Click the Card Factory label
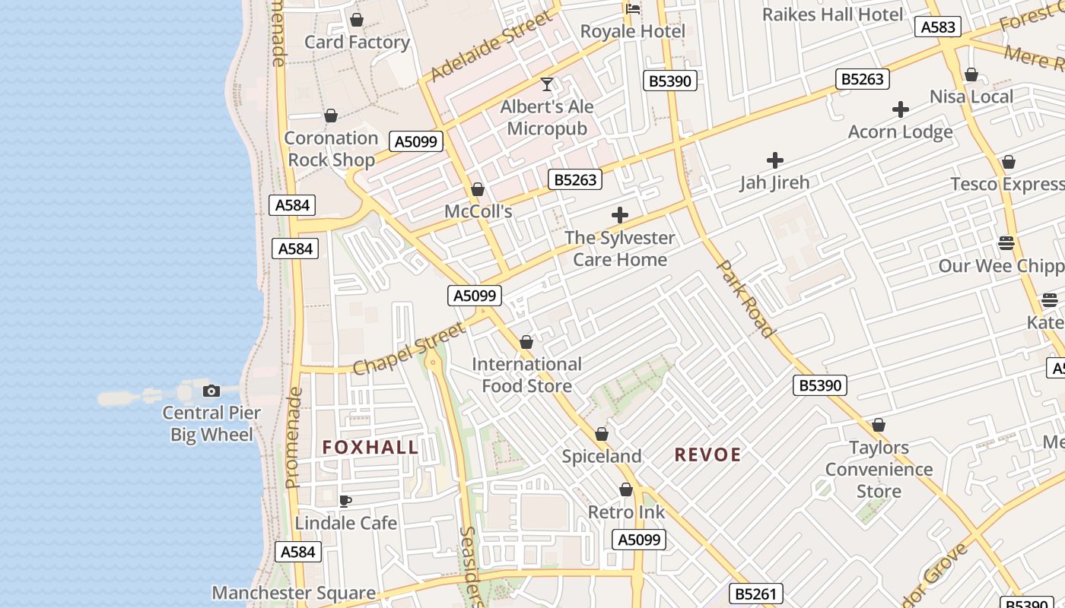click(x=357, y=43)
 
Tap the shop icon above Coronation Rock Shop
click(x=330, y=116)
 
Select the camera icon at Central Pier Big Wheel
click(x=211, y=391)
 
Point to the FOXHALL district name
click(x=370, y=448)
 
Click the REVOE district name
click(x=707, y=455)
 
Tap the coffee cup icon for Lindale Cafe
click(x=345, y=501)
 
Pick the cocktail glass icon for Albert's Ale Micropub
click(x=546, y=84)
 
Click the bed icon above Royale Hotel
click(x=632, y=9)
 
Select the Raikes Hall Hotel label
click(x=832, y=14)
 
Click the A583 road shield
click(x=937, y=27)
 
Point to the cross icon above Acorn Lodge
click(x=901, y=110)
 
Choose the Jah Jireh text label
click(x=774, y=182)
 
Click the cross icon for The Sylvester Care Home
click(x=620, y=215)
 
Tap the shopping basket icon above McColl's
click(x=478, y=189)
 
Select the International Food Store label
click(x=526, y=375)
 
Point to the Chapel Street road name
click(x=409, y=349)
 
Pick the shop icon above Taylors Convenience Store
click(x=879, y=425)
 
